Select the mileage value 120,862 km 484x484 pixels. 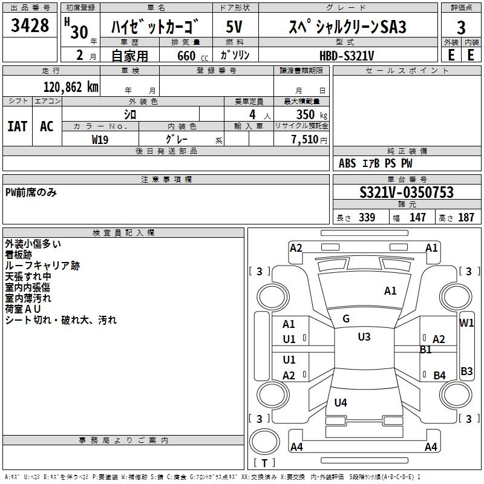[71, 87]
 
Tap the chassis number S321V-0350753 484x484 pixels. [407, 193]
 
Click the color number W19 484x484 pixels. [100, 139]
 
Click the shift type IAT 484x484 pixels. [17, 126]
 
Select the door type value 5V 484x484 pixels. [235, 27]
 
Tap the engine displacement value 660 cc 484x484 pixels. [186, 56]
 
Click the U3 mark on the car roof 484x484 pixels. [364, 337]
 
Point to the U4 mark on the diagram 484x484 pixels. [341, 402]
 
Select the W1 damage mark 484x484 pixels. [466, 322]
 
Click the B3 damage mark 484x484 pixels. [466, 371]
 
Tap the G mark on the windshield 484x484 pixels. [346, 319]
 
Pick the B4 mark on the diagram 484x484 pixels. [439, 375]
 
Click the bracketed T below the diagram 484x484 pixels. [264, 463]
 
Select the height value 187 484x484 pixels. [466, 218]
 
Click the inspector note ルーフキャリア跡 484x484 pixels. [42, 266]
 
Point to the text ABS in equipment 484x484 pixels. [347, 163]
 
